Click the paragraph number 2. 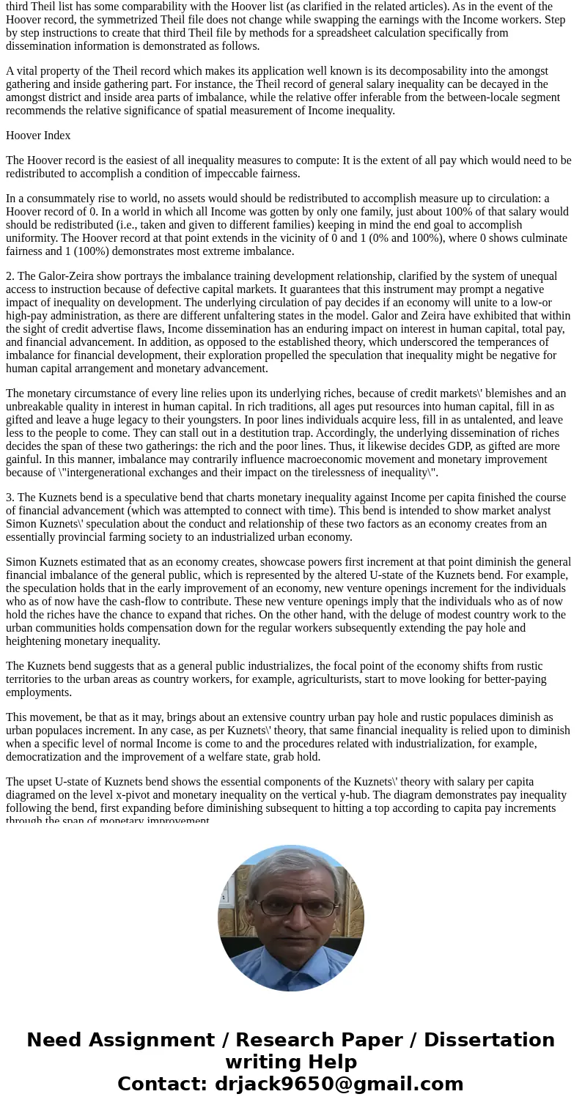[x=10, y=276]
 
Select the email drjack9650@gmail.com [x=339, y=1084]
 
